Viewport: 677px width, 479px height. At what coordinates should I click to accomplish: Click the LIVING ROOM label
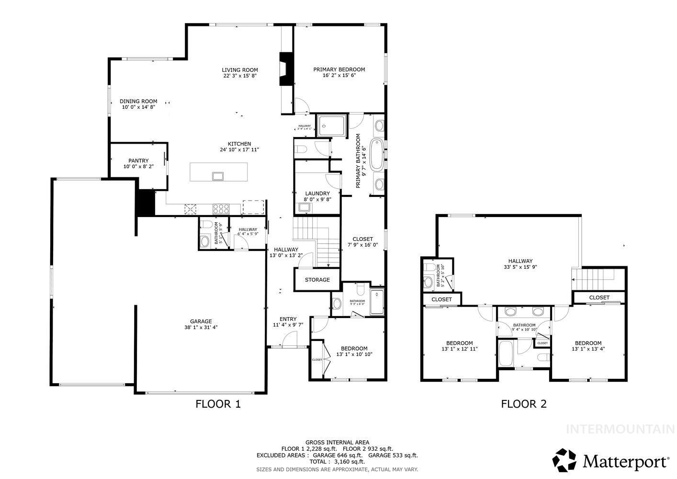click(240, 70)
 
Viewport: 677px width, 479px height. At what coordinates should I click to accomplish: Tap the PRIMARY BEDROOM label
click(339, 69)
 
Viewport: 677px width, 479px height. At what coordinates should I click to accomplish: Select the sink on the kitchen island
click(218, 176)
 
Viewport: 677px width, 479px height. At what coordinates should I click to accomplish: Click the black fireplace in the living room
click(286, 68)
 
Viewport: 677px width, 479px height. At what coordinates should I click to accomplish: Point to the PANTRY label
click(138, 161)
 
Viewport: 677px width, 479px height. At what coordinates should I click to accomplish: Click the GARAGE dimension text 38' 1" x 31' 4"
click(201, 328)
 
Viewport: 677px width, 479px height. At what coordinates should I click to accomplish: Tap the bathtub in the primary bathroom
click(377, 155)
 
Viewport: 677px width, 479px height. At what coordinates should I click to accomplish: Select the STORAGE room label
click(317, 280)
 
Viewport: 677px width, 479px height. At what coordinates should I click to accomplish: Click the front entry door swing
click(289, 341)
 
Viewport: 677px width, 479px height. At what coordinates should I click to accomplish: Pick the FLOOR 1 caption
click(218, 404)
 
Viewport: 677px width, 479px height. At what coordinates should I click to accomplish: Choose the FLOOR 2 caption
click(524, 404)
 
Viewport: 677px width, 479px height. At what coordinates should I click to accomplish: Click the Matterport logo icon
click(565, 460)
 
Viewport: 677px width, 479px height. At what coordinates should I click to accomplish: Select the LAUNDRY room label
click(317, 194)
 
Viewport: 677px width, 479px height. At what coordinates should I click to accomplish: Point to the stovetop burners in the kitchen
click(221, 208)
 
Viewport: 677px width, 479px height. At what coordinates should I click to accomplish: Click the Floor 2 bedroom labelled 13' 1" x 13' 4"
click(588, 346)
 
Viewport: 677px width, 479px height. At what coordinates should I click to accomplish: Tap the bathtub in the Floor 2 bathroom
click(506, 354)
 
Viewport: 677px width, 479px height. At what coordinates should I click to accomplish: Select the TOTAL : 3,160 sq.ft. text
click(337, 462)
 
